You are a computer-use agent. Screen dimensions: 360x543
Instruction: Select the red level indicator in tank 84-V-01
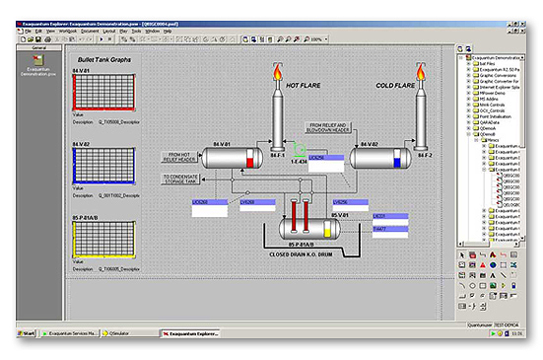tap(249, 161)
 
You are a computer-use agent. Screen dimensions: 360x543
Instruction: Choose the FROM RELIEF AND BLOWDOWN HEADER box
tap(327, 128)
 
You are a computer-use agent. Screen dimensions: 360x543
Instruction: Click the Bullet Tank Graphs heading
tap(106, 61)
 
